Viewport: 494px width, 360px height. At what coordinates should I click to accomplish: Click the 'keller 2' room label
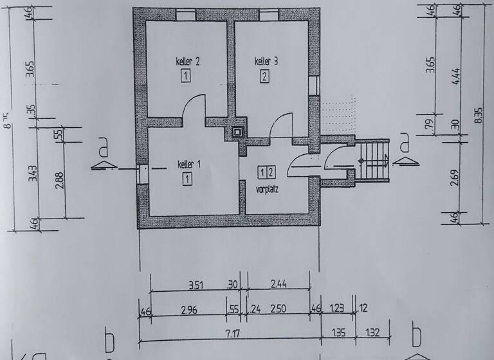tap(188, 62)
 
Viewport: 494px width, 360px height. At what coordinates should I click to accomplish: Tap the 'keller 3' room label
tap(266, 62)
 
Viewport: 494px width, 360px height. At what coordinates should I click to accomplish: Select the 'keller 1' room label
tap(190, 165)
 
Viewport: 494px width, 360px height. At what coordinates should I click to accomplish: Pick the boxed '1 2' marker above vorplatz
tap(266, 172)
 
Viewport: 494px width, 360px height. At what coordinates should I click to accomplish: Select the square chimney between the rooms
tap(239, 130)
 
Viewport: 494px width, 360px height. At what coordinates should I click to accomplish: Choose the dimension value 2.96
tap(188, 310)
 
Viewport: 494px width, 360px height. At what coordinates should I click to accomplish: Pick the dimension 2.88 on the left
tap(59, 179)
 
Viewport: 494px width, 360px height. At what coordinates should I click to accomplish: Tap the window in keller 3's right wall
tap(313, 85)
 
